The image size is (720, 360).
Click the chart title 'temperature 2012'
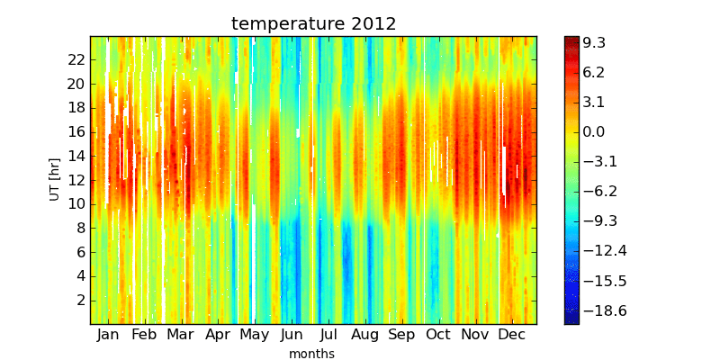pos(313,23)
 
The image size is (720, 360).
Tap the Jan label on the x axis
pos(108,335)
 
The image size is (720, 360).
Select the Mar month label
pos(181,335)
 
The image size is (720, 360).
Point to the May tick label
pos(254,336)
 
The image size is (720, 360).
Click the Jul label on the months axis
pos(328,335)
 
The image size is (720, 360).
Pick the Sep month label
pos(401,336)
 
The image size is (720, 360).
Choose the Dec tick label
pos(512,335)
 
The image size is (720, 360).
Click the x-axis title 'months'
pos(311,354)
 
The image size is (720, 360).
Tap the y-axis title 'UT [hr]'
pos(55,179)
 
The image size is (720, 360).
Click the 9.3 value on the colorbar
pos(594,43)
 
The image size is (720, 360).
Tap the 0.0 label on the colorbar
pos(594,132)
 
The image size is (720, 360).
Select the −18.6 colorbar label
pos(604,310)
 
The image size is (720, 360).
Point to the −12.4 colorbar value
pos(604,251)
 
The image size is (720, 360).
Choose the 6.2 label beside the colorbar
pos(594,73)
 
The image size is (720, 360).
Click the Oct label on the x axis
pos(438,335)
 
